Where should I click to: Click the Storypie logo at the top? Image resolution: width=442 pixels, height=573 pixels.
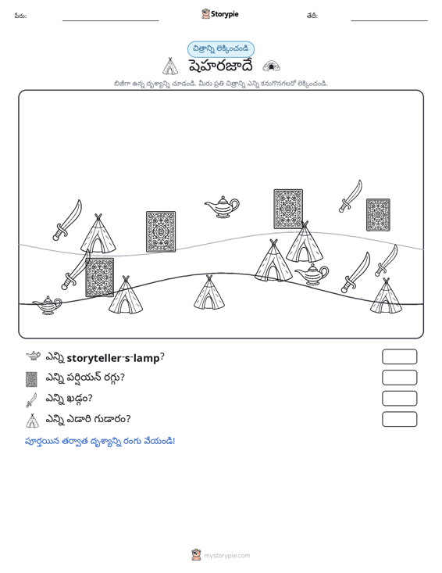pyautogui.click(x=220, y=14)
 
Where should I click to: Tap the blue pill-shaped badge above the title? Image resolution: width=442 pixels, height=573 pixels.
pyautogui.click(x=221, y=49)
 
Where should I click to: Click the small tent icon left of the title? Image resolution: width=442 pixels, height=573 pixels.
pyautogui.click(x=170, y=66)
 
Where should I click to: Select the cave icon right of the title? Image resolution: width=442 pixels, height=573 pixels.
pyautogui.click(x=271, y=66)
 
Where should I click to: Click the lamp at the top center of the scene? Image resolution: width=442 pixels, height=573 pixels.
pyautogui.click(x=223, y=207)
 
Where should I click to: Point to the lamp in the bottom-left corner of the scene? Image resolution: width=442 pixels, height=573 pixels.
pyautogui.click(x=48, y=305)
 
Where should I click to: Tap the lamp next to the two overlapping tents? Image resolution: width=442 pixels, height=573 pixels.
pyautogui.click(x=312, y=274)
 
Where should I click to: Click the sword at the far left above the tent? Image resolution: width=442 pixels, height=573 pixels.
pyautogui.click(x=67, y=220)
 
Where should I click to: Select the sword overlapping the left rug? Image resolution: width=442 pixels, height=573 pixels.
pyautogui.click(x=76, y=270)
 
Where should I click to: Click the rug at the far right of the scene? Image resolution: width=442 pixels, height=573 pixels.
pyautogui.click(x=378, y=215)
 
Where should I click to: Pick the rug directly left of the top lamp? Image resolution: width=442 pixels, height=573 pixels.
pyautogui.click(x=161, y=231)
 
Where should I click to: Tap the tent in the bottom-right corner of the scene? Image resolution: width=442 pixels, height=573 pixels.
pyautogui.click(x=386, y=296)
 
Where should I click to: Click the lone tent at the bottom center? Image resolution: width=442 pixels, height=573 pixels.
pyautogui.click(x=209, y=292)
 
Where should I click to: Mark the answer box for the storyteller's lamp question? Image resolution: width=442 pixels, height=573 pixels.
pyautogui.click(x=399, y=356)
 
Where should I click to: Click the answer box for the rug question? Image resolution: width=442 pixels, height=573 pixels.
pyautogui.click(x=399, y=378)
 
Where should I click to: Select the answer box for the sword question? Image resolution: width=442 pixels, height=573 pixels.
pyautogui.click(x=399, y=399)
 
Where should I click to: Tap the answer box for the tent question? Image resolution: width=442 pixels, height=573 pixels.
pyautogui.click(x=399, y=419)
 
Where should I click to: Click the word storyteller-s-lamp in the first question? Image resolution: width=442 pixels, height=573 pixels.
pyautogui.click(x=113, y=358)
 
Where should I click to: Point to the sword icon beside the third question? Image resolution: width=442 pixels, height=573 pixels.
pyautogui.click(x=32, y=399)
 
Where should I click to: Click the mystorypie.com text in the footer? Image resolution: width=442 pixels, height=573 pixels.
pyautogui.click(x=226, y=556)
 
